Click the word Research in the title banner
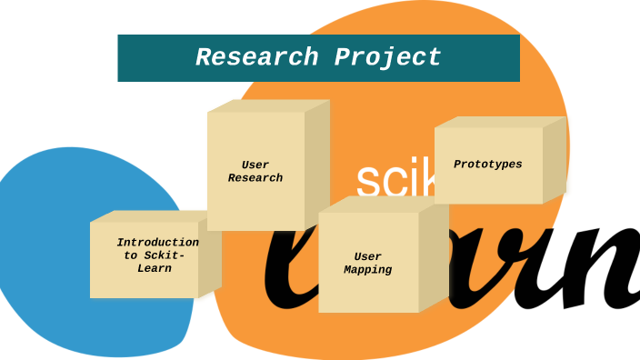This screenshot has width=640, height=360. point(256,58)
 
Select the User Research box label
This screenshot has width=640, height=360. point(255,172)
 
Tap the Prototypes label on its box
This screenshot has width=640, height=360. point(488,165)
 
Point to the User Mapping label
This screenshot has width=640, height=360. point(368,264)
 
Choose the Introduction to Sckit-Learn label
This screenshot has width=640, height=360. point(156,255)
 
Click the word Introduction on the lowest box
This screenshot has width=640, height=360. point(157,243)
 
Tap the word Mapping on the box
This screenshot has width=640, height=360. point(368,270)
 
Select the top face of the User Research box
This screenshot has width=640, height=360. point(268,105)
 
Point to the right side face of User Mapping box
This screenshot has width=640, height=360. point(434,258)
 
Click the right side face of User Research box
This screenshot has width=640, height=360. point(317,164)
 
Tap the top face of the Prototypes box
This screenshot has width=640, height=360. point(500,122)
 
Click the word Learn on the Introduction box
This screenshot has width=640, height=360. point(155,269)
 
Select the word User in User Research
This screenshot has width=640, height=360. point(255,165)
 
